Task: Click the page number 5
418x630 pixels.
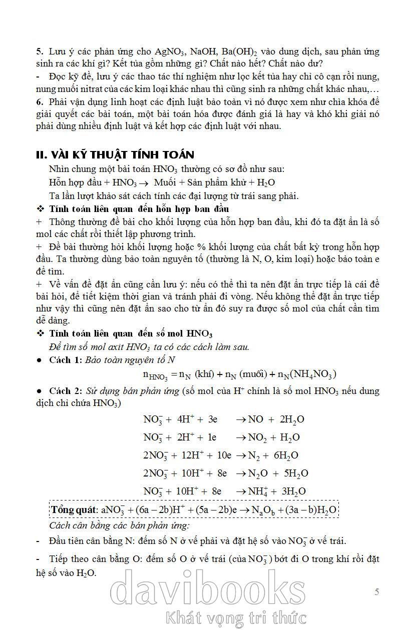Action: click(x=376, y=592)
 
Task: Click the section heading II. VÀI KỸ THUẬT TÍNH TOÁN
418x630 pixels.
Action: click(x=115, y=154)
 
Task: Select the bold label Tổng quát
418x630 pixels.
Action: click(x=74, y=510)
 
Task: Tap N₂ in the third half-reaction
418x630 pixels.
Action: click(x=255, y=455)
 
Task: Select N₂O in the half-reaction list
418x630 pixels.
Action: click(x=258, y=473)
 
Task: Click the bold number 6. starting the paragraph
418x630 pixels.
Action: click(x=40, y=101)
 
